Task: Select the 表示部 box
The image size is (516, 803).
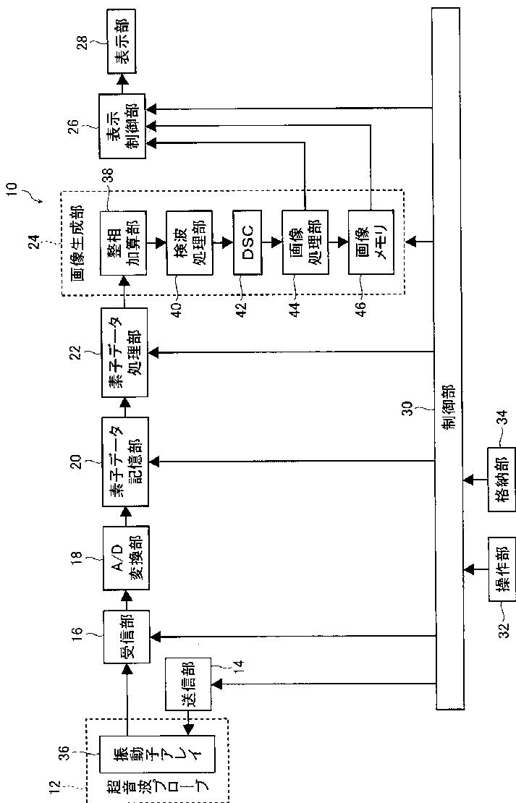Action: click(x=122, y=41)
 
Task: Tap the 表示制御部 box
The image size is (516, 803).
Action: click(x=122, y=125)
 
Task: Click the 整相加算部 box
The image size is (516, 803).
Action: click(x=123, y=242)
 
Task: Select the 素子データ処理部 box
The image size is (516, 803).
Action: click(x=124, y=352)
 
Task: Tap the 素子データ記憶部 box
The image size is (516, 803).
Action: click(x=125, y=462)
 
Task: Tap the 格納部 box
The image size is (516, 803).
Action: click(x=501, y=480)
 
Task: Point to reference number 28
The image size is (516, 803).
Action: click(x=82, y=42)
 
